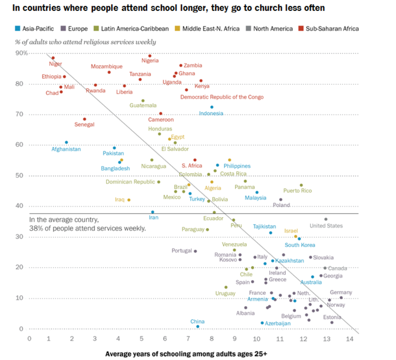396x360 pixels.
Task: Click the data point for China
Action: [x=198, y=326]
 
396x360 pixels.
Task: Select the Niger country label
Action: [x=55, y=64]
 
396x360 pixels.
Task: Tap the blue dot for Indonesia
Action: [x=212, y=107]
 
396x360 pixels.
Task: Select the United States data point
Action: [x=326, y=219]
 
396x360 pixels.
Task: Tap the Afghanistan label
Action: [x=66, y=149]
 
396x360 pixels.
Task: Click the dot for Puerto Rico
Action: [x=301, y=185]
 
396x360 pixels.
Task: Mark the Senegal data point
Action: [x=84, y=119]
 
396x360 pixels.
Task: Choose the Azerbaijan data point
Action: [x=262, y=323]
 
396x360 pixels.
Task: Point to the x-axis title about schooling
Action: [x=186, y=353]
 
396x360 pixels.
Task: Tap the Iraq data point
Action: [x=129, y=200]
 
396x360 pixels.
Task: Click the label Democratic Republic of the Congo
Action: [x=222, y=97]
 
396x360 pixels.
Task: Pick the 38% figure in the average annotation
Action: [x=36, y=228]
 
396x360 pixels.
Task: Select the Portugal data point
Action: [x=195, y=251]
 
